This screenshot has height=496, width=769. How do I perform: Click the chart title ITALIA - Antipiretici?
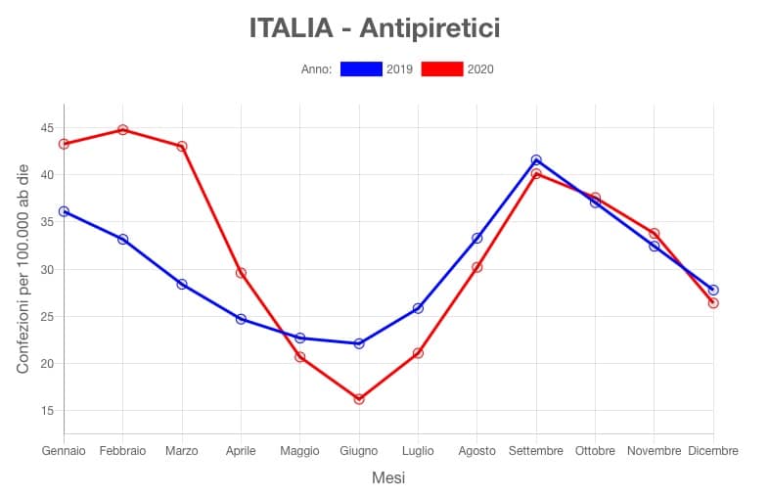[375, 28]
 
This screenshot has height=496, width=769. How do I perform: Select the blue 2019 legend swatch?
[360, 69]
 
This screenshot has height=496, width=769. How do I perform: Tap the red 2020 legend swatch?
[441, 69]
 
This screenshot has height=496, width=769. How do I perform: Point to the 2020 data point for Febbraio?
[123, 129]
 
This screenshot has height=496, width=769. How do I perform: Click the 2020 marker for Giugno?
[359, 399]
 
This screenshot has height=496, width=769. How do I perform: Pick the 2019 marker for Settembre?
[536, 159]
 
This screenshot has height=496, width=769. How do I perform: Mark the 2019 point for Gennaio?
[64, 211]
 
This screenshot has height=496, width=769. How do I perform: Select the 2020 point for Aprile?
[241, 273]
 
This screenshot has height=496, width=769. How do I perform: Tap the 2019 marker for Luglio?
[418, 308]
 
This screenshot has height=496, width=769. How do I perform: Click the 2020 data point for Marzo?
[182, 147]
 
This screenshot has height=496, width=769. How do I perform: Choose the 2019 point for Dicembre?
[713, 290]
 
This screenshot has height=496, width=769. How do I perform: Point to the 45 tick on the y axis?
[47, 128]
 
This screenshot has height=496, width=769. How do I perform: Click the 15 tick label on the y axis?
[47, 411]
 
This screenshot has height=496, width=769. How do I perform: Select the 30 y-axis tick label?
[47, 269]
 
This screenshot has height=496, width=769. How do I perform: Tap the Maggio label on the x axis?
[299, 451]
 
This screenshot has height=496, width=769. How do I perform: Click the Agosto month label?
[476, 451]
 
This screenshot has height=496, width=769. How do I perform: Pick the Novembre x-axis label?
[654, 451]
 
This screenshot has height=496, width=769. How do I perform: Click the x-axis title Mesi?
[388, 478]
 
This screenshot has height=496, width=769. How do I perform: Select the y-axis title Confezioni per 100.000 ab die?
[23, 268]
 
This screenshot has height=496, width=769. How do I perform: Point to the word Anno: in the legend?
[317, 69]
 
